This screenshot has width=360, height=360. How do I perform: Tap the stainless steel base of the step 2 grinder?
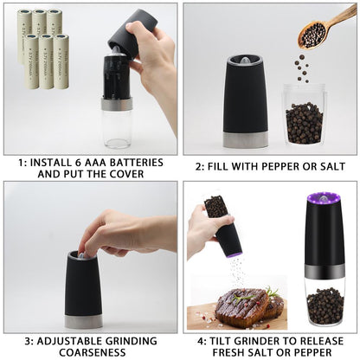246,139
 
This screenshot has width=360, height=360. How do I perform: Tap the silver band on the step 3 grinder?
84,321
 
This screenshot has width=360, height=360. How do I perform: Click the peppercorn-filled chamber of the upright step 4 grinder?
325,305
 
